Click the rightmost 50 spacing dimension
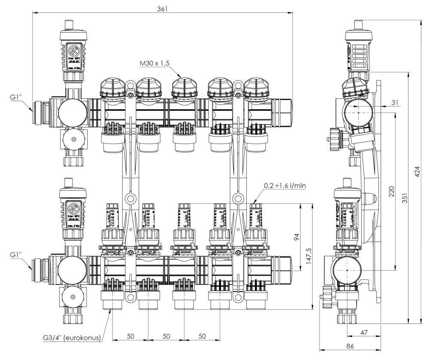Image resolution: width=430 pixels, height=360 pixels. (201, 336)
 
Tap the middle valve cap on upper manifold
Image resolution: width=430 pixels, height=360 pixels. (184, 88)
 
